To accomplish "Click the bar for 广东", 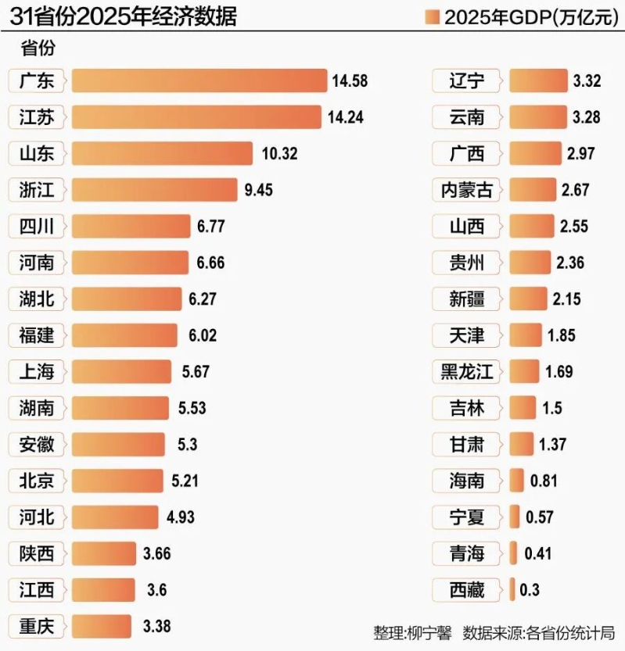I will click(x=199, y=80).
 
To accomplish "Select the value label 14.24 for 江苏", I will click(x=346, y=117).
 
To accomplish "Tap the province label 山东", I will click(x=37, y=153).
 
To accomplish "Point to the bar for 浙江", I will click(x=154, y=190).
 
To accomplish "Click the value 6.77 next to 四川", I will click(x=211, y=227).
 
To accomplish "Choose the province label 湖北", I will click(x=37, y=299).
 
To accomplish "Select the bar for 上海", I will click(x=121, y=371).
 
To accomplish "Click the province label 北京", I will click(x=37, y=481).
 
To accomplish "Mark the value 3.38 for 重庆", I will click(x=156, y=626).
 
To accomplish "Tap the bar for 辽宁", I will click(x=538, y=80).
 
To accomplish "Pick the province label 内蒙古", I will click(x=467, y=190).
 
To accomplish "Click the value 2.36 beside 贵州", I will click(x=570, y=263).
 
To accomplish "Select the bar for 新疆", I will click(x=528, y=299).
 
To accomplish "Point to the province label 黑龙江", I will click(x=467, y=371).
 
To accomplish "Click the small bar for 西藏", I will click(x=512, y=589).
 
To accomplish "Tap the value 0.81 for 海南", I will click(x=544, y=481).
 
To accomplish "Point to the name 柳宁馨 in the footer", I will click(x=430, y=632).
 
